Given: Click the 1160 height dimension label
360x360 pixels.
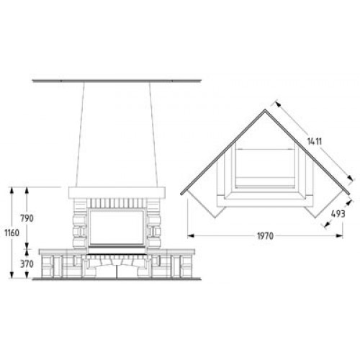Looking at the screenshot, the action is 12,233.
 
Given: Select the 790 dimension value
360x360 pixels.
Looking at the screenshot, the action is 27,218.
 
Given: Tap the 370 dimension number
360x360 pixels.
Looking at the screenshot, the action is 27,264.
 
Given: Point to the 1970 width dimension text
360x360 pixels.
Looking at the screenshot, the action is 266,236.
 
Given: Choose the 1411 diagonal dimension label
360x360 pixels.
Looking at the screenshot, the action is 315,142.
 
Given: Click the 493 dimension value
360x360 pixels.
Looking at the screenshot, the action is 338,214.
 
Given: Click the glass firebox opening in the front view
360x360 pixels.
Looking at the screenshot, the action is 117,228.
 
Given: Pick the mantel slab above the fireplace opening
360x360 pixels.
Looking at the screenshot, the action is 117,192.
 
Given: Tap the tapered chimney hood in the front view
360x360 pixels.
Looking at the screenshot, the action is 117,135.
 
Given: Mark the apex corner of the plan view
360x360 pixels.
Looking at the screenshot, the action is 265,110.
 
